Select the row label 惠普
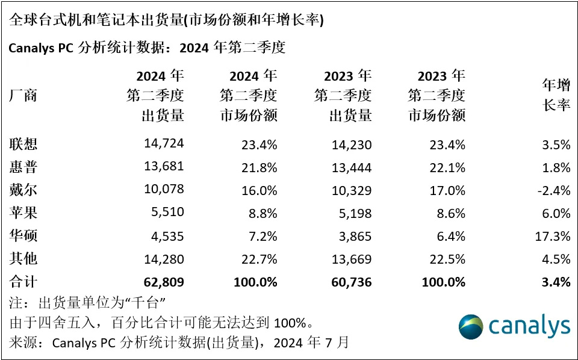[23, 167]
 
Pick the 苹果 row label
[23, 213]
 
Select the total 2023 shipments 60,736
[350, 282]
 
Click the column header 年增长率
[556, 95]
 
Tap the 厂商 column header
[23, 95]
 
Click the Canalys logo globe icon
[471, 326]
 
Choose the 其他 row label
[23, 259]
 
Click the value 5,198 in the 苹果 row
[355, 213]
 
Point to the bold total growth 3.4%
[557, 282]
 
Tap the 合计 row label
[23, 282]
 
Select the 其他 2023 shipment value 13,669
[350, 259]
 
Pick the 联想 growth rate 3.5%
[557, 144]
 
